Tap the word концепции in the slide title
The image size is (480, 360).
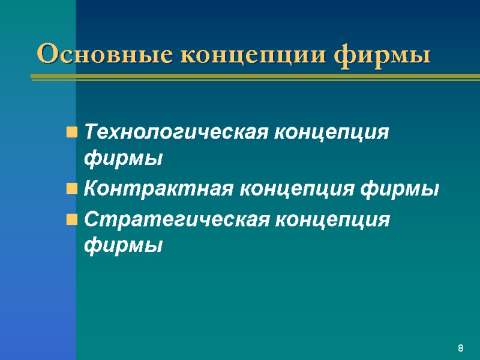[x=254, y=55]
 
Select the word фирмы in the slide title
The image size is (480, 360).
[x=383, y=55]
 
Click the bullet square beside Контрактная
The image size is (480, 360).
[x=71, y=191]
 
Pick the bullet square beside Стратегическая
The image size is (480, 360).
[x=71, y=220]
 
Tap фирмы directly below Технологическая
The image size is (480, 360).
[x=123, y=159]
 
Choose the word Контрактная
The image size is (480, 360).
[x=159, y=190]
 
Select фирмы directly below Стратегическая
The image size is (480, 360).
[x=123, y=245]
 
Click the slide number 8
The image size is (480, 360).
[x=460, y=349]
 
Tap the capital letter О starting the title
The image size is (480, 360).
[x=46, y=55]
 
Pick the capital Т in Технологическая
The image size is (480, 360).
[x=91, y=132]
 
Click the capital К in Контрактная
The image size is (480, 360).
[x=92, y=190]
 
